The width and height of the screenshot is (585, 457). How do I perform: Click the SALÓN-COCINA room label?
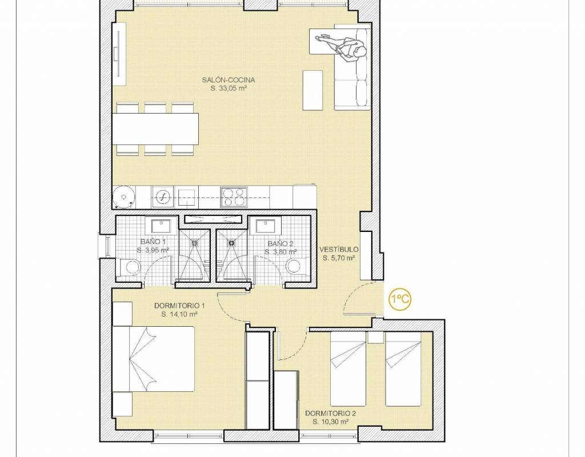click(229, 80)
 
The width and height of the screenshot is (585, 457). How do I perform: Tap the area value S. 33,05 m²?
click(229, 89)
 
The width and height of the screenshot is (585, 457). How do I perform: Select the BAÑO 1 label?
click(153, 242)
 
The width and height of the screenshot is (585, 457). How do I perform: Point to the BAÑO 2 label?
click(281, 243)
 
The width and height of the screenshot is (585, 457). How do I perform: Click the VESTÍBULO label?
click(339, 249)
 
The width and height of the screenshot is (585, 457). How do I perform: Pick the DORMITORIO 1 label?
click(179, 306)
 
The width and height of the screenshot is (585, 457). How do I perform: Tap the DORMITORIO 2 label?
click(331, 414)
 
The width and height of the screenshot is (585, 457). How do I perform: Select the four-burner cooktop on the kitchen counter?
click(234, 197)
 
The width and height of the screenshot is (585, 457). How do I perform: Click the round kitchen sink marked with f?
click(163, 197)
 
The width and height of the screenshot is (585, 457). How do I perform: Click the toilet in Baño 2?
click(297, 266)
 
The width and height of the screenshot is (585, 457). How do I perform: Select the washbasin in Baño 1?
click(161, 226)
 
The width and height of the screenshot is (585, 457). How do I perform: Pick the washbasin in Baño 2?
click(266, 226)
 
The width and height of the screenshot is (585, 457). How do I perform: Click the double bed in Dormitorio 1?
click(154, 359)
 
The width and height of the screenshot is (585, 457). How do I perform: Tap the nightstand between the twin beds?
click(375, 336)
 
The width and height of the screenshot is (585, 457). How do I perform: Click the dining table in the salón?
click(155, 129)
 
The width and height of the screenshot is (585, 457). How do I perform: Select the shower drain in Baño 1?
click(195, 242)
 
